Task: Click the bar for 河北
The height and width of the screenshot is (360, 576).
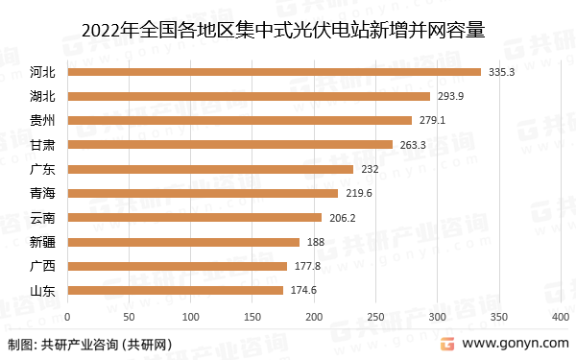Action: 274,72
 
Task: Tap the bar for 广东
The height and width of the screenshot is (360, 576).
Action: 210,169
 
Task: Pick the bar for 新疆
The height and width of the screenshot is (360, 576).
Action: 183,242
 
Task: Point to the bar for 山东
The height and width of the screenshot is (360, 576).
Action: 175,290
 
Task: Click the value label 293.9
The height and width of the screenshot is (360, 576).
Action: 450,96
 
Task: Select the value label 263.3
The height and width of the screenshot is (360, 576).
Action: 413,145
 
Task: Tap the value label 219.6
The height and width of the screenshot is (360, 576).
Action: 358,193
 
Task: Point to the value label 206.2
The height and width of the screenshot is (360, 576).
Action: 342,218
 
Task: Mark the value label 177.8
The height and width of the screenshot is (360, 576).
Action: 306,266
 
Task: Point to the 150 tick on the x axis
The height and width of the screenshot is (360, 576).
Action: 252,316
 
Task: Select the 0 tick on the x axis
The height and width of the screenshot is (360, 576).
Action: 67,316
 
